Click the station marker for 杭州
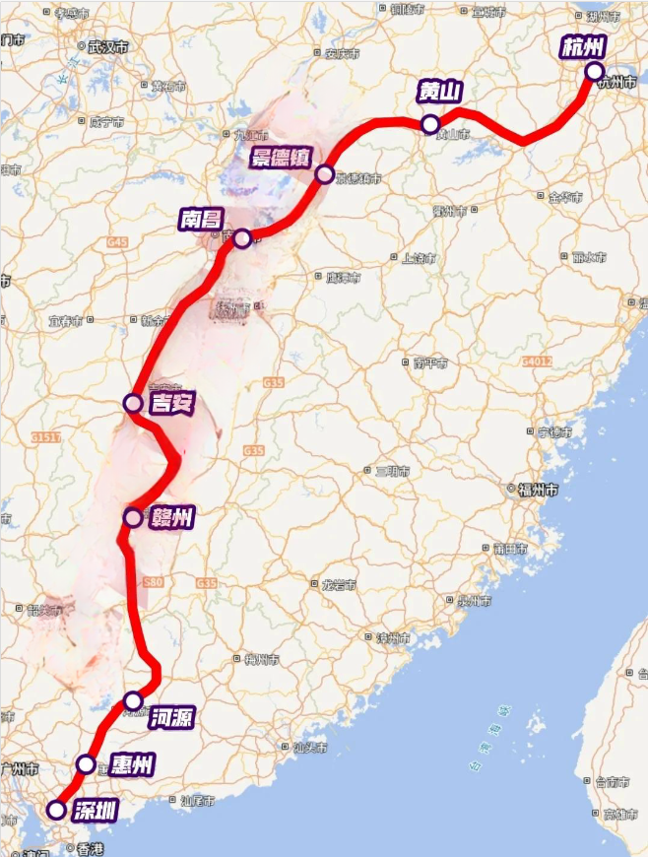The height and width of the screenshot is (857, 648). tap(594, 71)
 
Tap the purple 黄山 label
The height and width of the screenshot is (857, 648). tap(439, 93)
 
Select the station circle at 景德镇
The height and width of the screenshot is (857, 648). tap(325, 175)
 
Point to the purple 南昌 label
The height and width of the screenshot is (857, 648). tap(201, 218)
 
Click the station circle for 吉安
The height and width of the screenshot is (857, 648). tap(132, 402)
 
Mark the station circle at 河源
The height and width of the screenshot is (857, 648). tap(133, 701)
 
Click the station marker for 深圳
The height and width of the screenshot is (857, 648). tap(56, 810)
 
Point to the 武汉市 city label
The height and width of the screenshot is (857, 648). tap(108, 46)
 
